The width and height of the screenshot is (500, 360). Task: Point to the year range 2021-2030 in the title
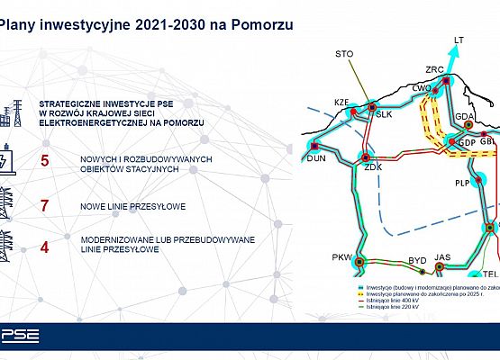point(145,28)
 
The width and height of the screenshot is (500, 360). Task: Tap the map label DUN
point(315,157)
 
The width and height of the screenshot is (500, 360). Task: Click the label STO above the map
point(344,54)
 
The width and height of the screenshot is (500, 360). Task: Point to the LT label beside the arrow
point(459,40)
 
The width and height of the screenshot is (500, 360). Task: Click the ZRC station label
point(435,70)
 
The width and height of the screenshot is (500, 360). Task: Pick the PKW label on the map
point(341,257)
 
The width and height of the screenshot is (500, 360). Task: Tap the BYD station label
point(417,260)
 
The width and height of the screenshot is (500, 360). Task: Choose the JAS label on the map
point(441,257)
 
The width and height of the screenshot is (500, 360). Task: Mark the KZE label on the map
point(341,102)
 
